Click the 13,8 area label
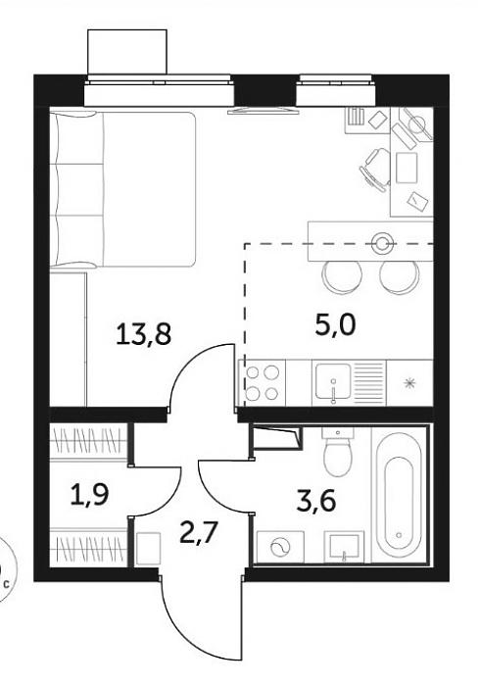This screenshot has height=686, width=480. tap(143, 333)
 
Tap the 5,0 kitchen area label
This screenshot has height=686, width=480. tap(336, 325)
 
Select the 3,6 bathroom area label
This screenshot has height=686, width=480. tap(316, 501)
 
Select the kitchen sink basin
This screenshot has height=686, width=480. tap(333, 381)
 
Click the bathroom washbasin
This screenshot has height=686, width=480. tap(344, 547)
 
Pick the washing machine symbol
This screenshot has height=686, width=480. tap(280, 547)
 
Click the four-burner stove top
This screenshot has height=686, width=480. tap(262, 382)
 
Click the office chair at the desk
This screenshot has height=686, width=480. tap(375, 170)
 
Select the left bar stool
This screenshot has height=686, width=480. tap(342, 277)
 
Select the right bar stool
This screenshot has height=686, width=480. tap(400, 277)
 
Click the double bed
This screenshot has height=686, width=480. tap(122, 189)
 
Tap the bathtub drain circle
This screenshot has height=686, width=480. tap(399, 535)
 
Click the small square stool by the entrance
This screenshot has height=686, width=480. tap(149, 548)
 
